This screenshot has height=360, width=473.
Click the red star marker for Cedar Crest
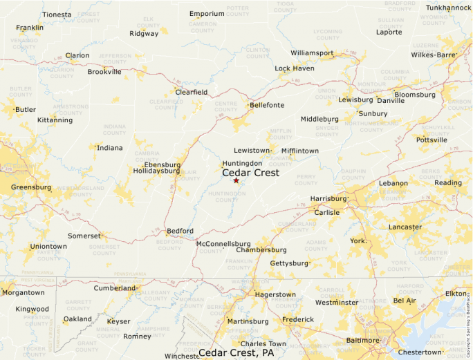tap(236, 180)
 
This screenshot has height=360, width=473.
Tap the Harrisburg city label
tap(327, 198)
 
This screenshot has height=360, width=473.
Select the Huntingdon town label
tap(241, 163)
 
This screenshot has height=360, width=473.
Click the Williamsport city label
tap(312, 53)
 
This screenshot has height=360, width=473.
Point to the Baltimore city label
tap(362, 340)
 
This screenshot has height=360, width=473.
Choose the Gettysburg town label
tap(288, 263)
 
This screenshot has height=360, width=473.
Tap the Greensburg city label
tap(31, 187)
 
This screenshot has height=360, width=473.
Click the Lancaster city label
tap(405, 227)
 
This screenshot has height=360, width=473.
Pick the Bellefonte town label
tap(266, 105)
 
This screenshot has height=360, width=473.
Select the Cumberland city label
tap(115, 288)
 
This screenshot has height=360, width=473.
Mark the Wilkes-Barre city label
tap(433, 55)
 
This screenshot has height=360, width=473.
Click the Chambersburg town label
tap(261, 249)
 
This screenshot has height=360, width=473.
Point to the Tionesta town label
tap(57, 15)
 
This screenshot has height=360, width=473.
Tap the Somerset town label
tap(84, 236)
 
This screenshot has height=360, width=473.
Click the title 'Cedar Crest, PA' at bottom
tap(237, 353)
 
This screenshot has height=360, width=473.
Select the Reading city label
tap(447, 183)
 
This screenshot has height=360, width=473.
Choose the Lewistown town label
tap(251, 150)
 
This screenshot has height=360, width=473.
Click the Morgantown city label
tap(23, 292)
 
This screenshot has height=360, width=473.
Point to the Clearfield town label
tap(191, 92)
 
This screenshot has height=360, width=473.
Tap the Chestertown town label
tap(420, 352)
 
